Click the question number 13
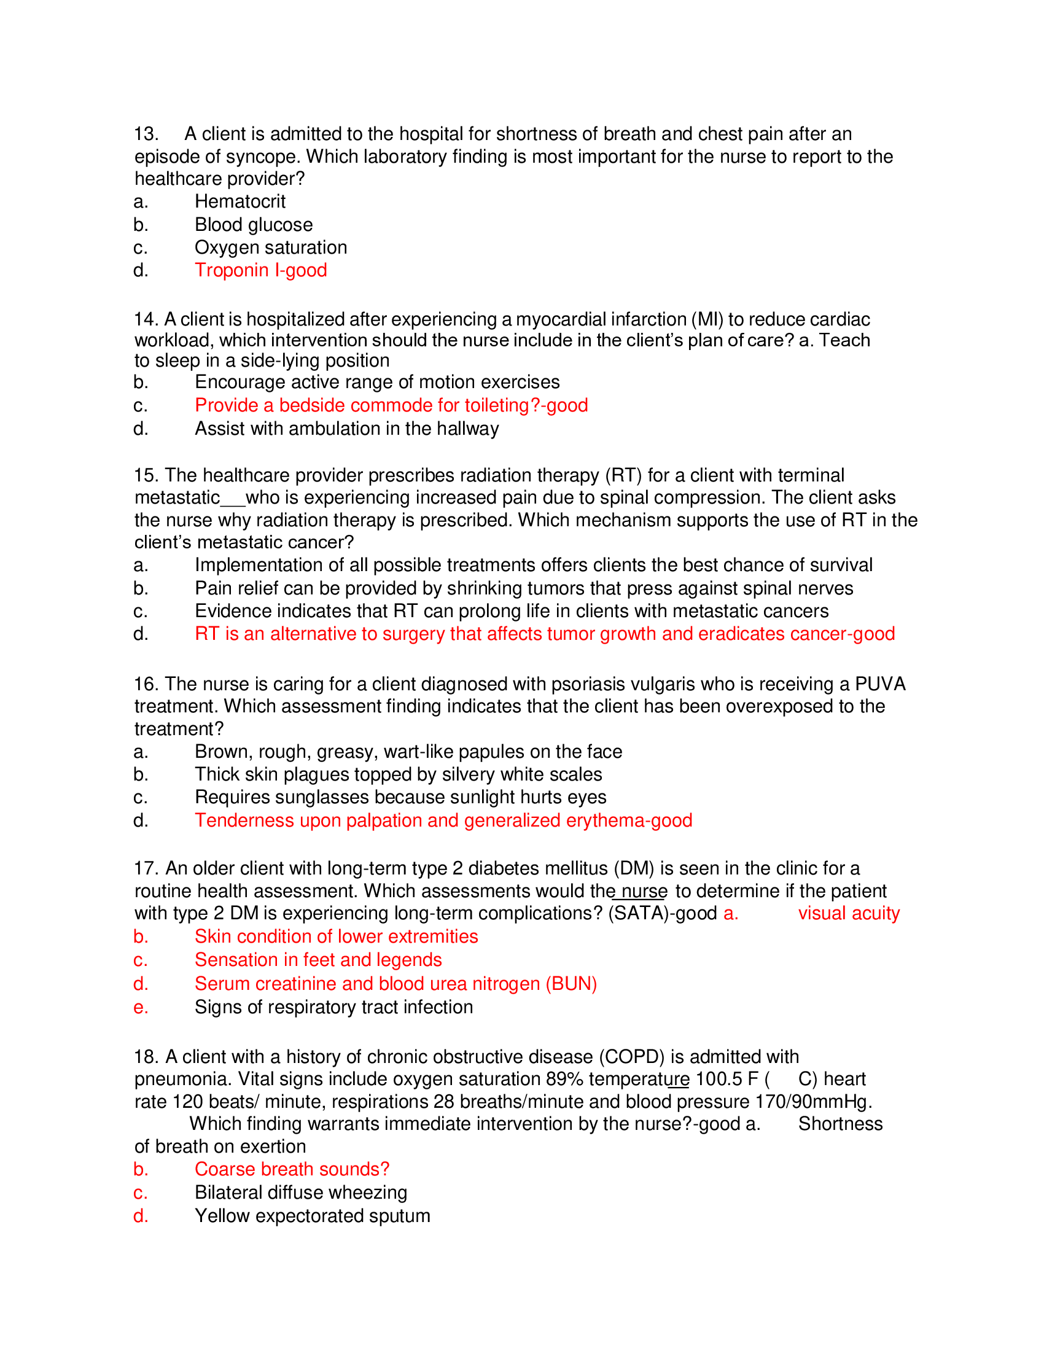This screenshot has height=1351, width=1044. pyautogui.click(x=146, y=134)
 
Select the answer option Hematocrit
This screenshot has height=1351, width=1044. pyautogui.click(x=240, y=201)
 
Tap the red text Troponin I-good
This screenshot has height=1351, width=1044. pyautogui.click(x=260, y=270)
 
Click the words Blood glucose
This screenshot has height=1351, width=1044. pyautogui.click(x=254, y=225)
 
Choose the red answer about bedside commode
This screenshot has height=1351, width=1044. pyautogui.click(x=391, y=405)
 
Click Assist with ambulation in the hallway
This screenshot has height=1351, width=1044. pyautogui.click(x=346, y=429)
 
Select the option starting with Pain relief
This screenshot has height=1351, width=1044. pyautogui.click(x=523, y=588)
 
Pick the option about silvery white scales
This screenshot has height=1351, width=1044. pyautogui.click(x=398, y=774)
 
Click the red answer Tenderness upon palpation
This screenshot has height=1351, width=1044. pyautogui.click(x=443, y=820)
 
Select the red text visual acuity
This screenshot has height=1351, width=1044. pyautogui.click(x=849, y=914)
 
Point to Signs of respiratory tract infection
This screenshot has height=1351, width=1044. pyautogui.click(x=333, y=1007)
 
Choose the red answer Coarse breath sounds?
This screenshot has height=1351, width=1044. pyautogui.click(x=292, y=1169)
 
